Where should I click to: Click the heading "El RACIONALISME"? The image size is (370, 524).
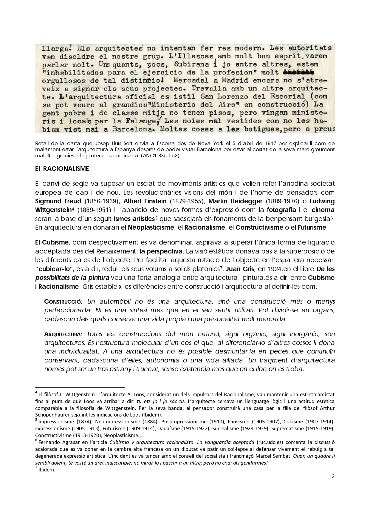tap(62, 169)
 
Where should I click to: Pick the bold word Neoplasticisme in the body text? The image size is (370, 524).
tap(151, 228)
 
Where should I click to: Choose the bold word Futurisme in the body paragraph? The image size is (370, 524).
tap(312, 228)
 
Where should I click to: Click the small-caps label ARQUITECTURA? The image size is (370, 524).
tap(62, 334)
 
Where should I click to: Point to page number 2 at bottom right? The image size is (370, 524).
tap(333, 477)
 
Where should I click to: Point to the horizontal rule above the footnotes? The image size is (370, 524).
tap(80, 386)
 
